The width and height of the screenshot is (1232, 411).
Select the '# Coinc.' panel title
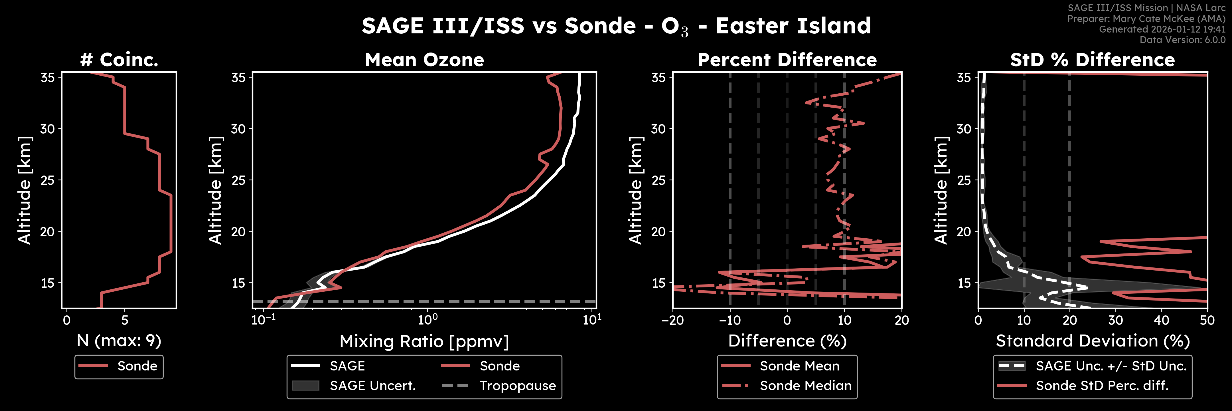coord(119,60)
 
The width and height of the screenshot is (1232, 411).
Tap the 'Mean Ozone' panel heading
coord(424,60)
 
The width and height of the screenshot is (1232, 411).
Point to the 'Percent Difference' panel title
coord(787,60)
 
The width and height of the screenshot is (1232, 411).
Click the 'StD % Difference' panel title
coord(1092,60)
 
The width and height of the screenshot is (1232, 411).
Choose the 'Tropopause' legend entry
coord(518,386)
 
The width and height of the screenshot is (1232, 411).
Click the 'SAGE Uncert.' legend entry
coord(372,386)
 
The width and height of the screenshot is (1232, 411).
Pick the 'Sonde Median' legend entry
coord(805,386)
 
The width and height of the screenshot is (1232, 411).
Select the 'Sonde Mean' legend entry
coord(799,366)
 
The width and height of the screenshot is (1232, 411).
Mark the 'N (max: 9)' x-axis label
coord(119,341)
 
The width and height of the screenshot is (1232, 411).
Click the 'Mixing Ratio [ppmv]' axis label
coord(424,341)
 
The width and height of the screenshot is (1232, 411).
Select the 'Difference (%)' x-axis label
coord(787,341)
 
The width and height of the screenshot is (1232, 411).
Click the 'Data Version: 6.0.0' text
coord(1182,40)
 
